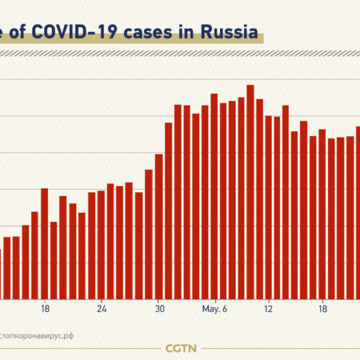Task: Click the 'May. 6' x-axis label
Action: click(214, 308)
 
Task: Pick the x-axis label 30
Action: click(159, 308)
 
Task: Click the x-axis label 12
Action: click(269, 308)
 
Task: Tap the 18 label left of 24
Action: click(45, 308)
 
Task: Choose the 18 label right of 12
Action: click(322, 308)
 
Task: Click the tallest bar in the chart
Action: click(250, 192)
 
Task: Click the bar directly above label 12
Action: click(269, 207)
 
